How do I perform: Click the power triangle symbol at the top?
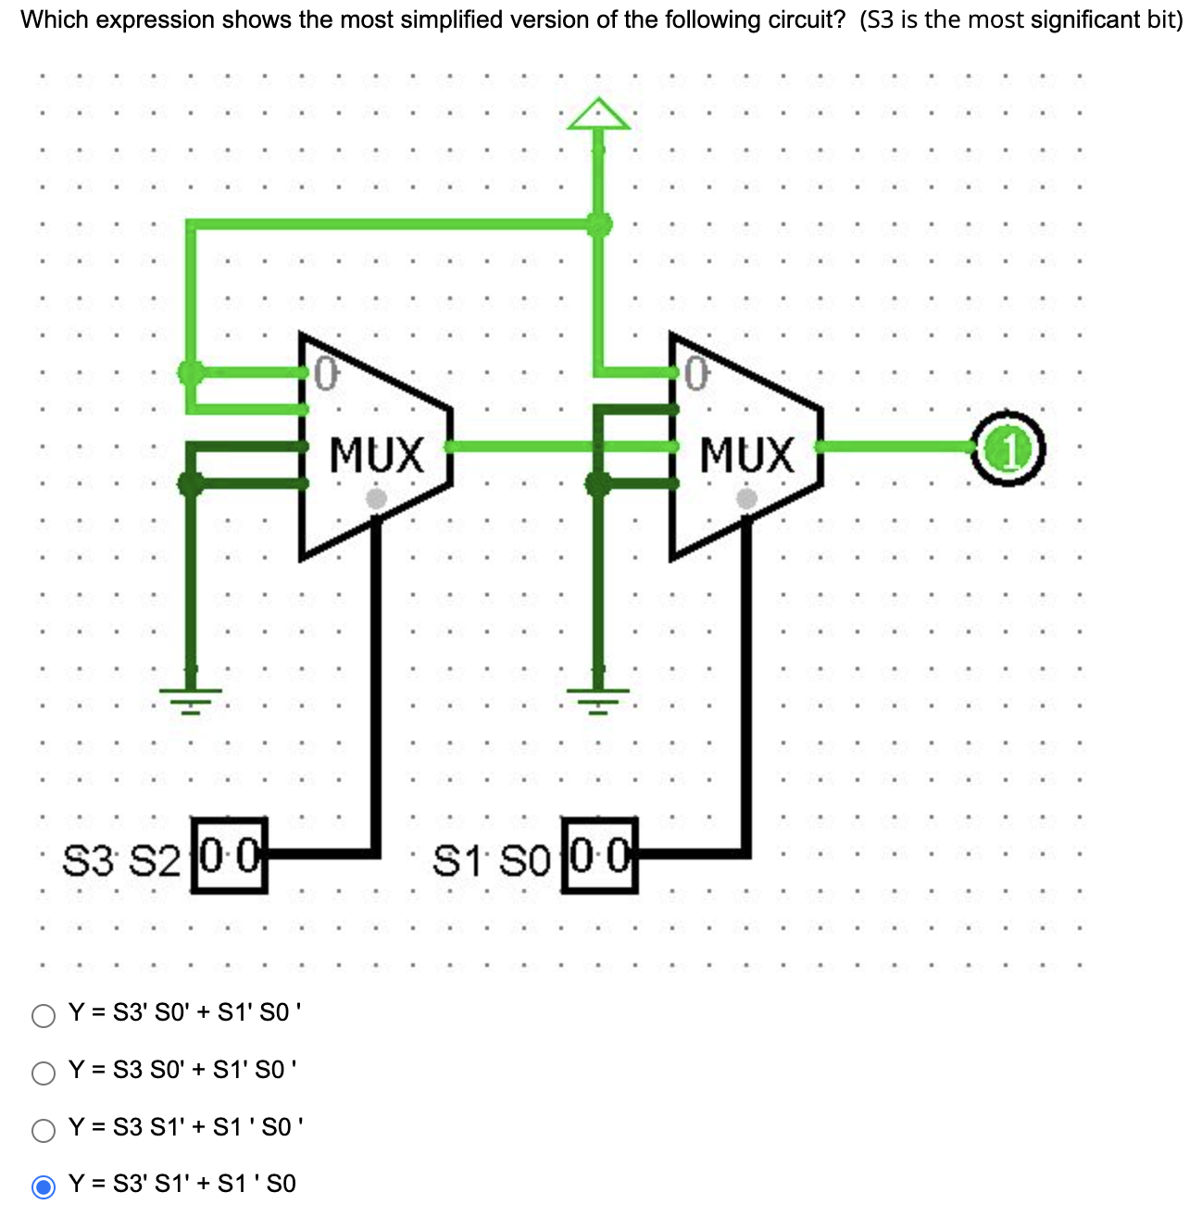click(599, 115)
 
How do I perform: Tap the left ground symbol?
click(191, 697)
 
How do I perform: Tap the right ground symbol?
click(598, 697)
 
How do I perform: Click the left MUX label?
click(376, 456)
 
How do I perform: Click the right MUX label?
click(746, 456)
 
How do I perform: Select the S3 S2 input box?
click(229, 856)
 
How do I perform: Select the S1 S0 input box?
click(600, 856)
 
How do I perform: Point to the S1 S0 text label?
click(492, 861)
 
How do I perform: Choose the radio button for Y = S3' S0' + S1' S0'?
click(44, 1015)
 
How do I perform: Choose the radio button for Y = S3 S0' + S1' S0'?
click(44, 1073)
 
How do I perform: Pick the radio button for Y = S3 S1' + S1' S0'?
click(44, 1130)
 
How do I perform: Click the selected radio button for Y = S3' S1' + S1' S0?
click(44, 1186)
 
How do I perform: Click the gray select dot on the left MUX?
click(376, 498)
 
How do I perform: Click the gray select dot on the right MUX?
click(746, 498)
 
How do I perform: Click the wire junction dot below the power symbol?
click(599, 224)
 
